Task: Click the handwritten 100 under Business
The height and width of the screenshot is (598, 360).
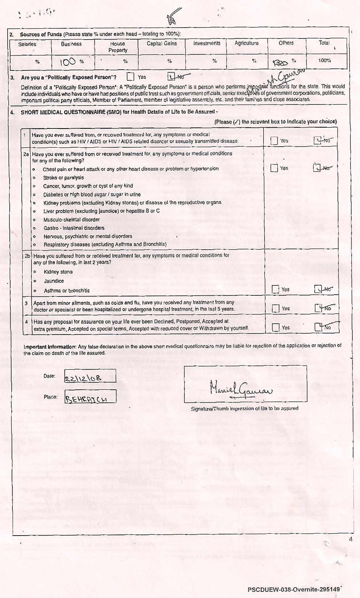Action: click(68, 62)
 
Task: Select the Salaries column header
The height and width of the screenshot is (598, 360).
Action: click(28, 44)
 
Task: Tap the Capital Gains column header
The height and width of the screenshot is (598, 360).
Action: click(161, 44)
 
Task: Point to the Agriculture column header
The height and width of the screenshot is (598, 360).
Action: click(246, 43)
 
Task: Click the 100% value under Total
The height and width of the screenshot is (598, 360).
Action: click(324, 61)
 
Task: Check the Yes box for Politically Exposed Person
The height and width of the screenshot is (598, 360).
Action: click(131, 77)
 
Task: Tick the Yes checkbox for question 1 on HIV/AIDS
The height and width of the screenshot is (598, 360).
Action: click(274, 140)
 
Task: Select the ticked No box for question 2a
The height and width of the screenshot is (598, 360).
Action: click(317, 168)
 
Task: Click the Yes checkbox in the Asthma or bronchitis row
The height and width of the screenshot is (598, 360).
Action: click(275, 289)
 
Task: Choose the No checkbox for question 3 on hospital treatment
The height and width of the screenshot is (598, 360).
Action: click(318, 308)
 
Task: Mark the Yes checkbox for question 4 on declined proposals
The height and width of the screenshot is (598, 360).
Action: click(275, 327)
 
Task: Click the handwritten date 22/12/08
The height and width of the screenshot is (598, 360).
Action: click(83, 379)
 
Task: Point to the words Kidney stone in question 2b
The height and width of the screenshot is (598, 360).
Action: click(58, 272)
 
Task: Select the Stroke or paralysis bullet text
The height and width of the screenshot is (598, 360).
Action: click(64, 178)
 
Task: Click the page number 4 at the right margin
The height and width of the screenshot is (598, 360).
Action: click(351, 539)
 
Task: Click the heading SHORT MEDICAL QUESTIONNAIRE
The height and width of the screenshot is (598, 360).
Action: click(71, 112)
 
